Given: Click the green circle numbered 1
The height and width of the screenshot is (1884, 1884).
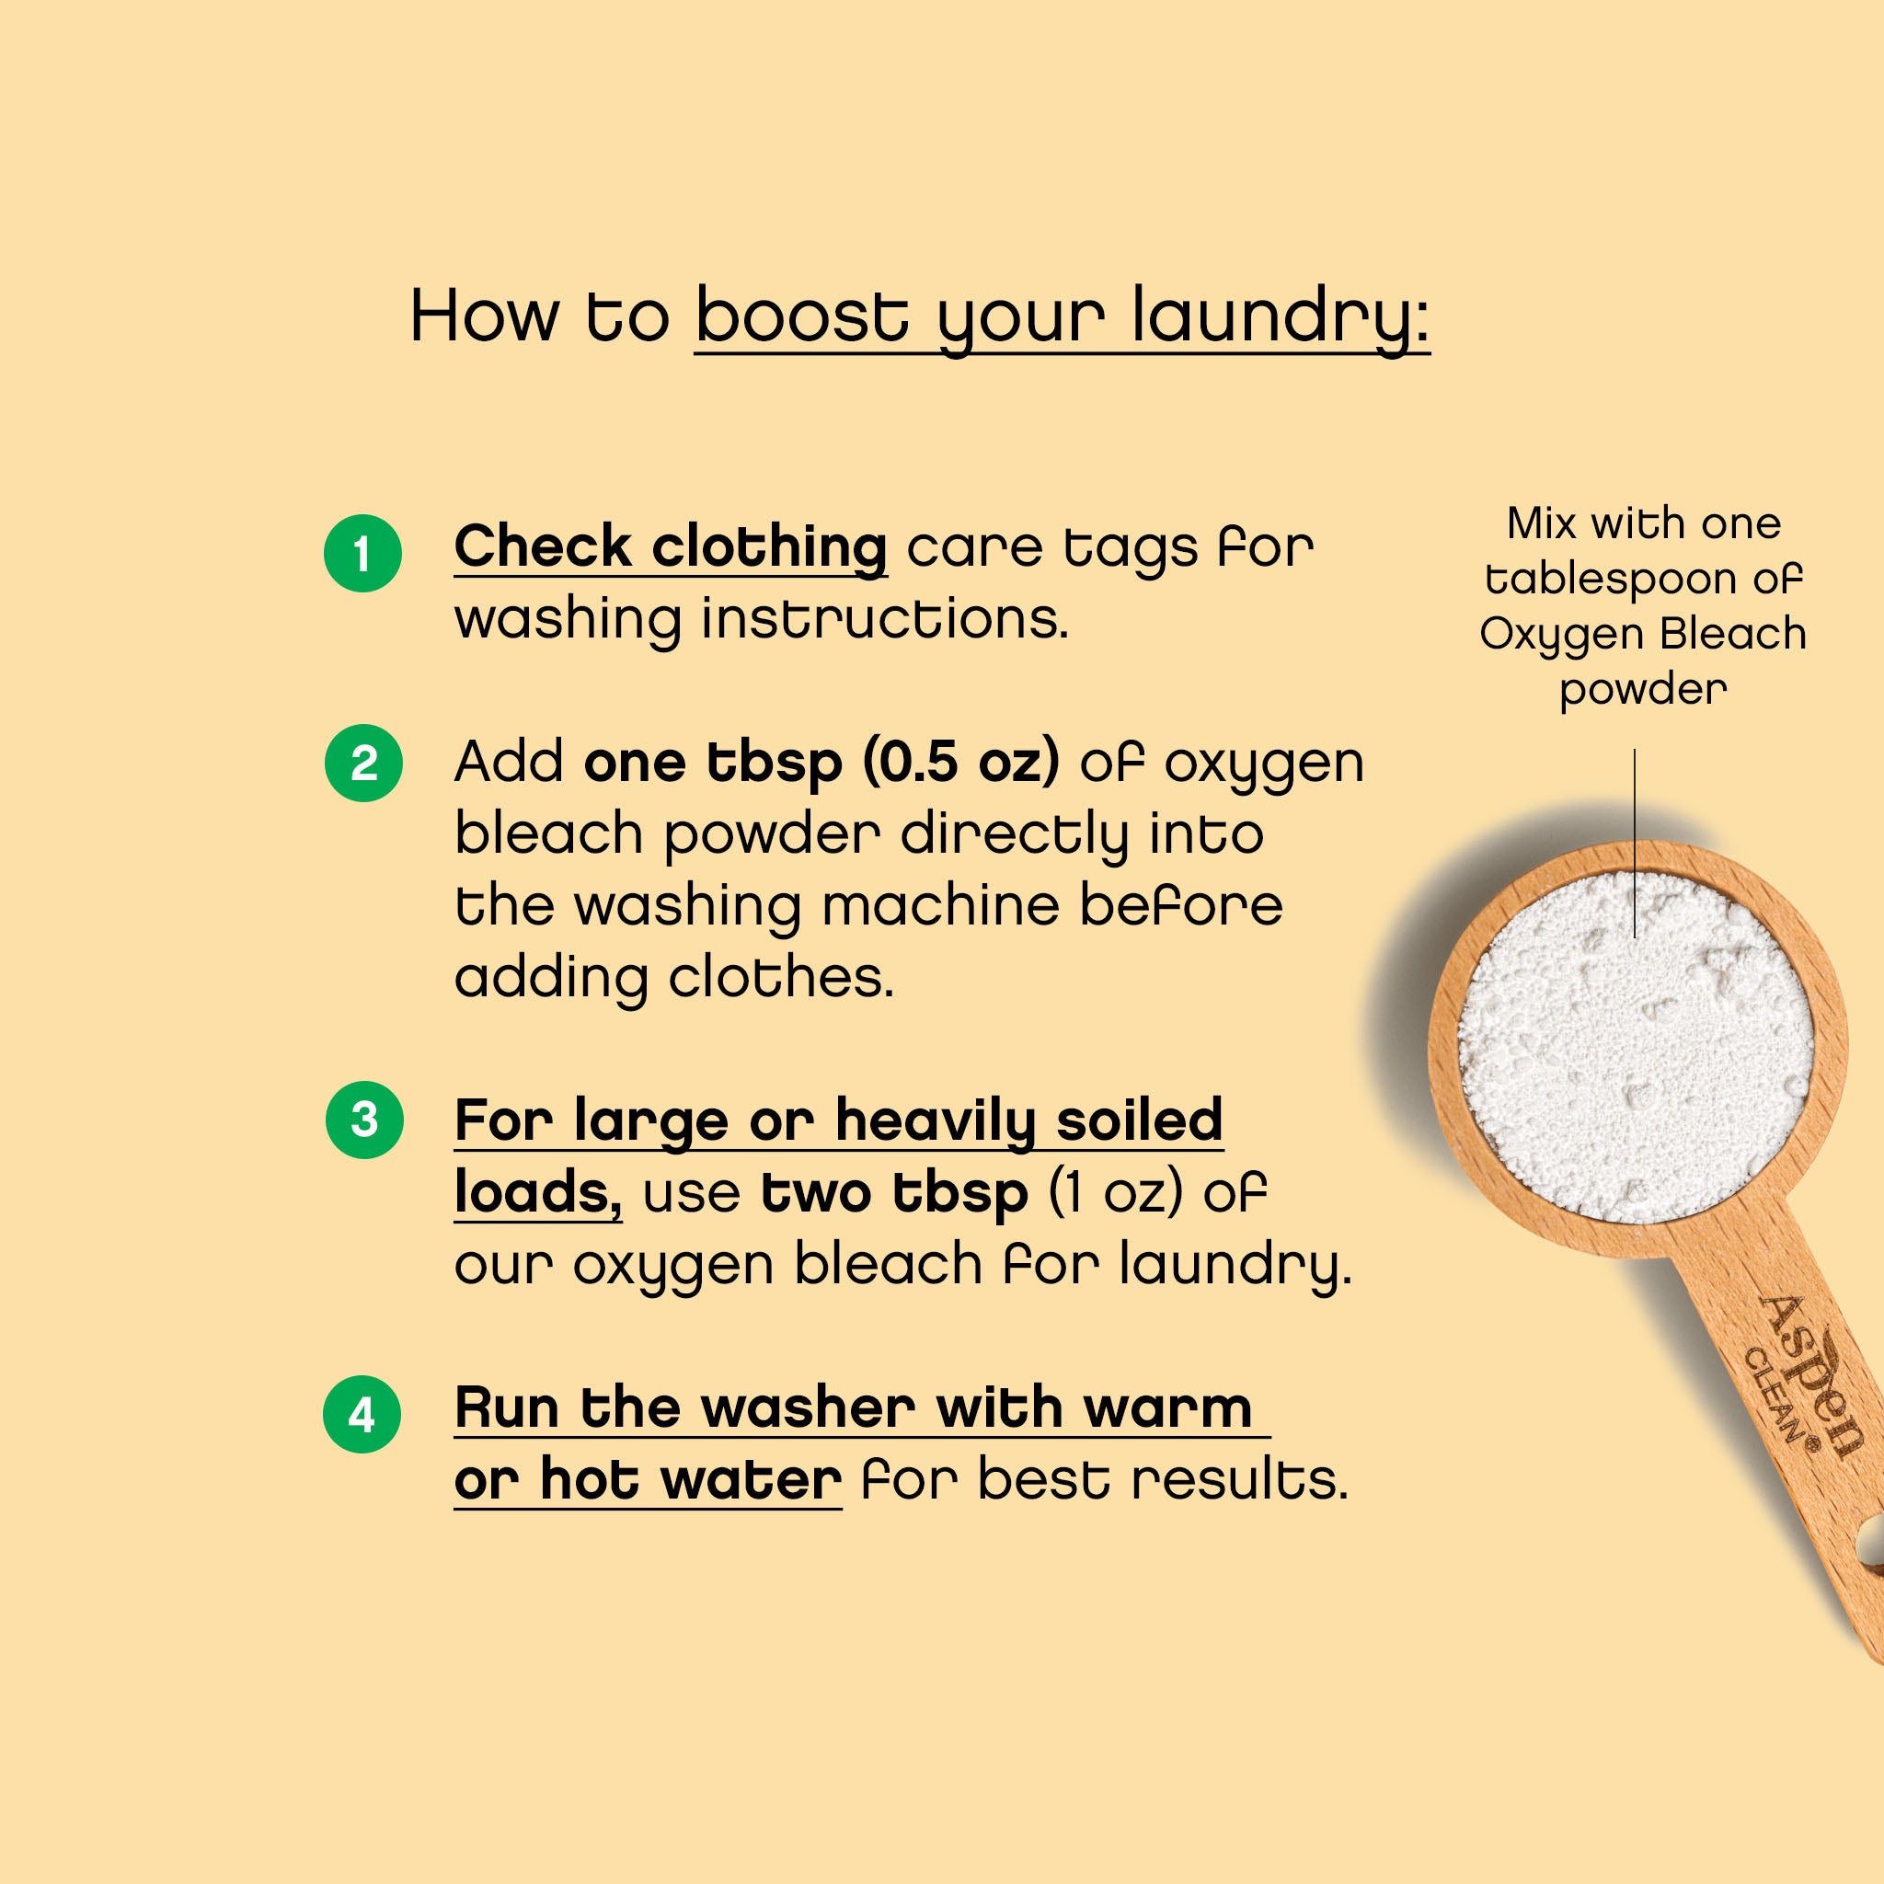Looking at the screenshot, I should tap(362, 553).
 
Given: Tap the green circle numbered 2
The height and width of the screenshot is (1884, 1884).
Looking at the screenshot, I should tap(362, 763).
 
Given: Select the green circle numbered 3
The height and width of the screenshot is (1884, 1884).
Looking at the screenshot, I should tap(363, 1120).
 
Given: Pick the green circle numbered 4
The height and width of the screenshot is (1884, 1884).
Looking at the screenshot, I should tap(362, 1414).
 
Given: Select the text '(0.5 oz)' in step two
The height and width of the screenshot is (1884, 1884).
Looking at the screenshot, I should tap(960, 762).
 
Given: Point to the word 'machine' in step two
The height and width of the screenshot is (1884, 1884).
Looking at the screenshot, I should tap(940, 906).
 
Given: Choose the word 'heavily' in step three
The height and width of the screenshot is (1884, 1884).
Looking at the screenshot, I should tap(936, 1120).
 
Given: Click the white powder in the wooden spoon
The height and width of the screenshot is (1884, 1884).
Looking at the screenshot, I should tap(1637, 1049).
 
